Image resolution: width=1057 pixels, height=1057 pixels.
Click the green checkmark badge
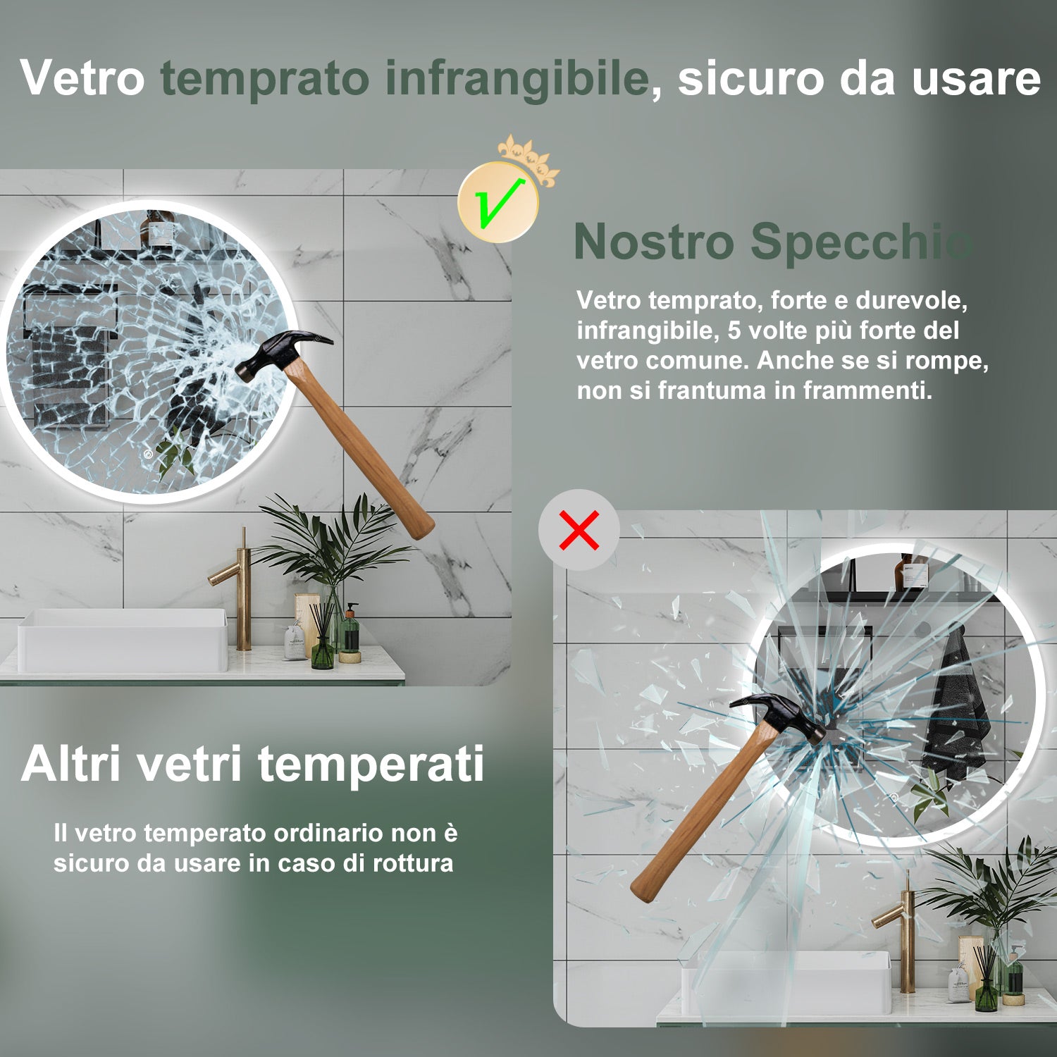point(498,203)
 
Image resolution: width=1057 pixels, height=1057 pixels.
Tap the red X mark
point(579,530)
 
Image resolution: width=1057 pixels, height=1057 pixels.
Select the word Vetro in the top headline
point(82,78)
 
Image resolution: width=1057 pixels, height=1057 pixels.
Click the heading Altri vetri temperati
point(253,764)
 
